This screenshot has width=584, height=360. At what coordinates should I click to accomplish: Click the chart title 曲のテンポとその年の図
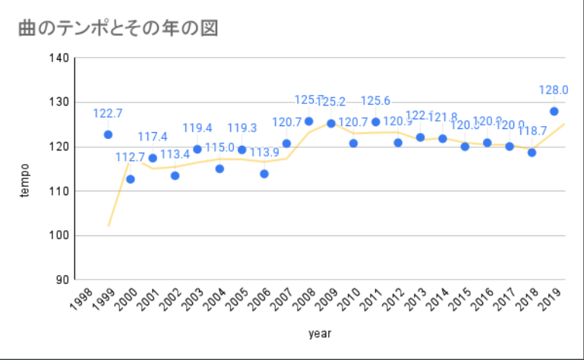[x=118, y=28]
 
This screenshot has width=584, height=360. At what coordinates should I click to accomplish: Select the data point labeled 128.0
[x=554, y=111]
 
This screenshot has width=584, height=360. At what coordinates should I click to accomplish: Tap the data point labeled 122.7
[x=108, y=134]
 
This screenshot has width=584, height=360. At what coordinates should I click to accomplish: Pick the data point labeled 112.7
[x=130, y=179]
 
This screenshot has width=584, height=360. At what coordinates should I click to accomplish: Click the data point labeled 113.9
[x=264, y=174]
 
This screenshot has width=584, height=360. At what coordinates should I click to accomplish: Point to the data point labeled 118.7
[x=532, y=153]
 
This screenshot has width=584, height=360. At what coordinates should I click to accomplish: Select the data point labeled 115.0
[x=219, y=169]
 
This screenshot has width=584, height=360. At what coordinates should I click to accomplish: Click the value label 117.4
[x=153, y=137]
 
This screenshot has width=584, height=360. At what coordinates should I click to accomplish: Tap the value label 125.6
[x=375, y=101]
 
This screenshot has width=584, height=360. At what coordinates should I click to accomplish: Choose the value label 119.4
[x=197, y=128]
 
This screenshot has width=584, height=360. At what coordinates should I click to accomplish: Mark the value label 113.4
[x=175, y=155]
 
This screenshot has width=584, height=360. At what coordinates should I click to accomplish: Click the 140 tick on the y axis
[x=61, y=58]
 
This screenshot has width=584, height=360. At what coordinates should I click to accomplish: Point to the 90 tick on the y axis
[x=64, y=280]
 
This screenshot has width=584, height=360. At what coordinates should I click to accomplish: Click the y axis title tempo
[x=24, y=180]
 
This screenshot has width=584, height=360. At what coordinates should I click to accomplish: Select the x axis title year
[x=320, y=333]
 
